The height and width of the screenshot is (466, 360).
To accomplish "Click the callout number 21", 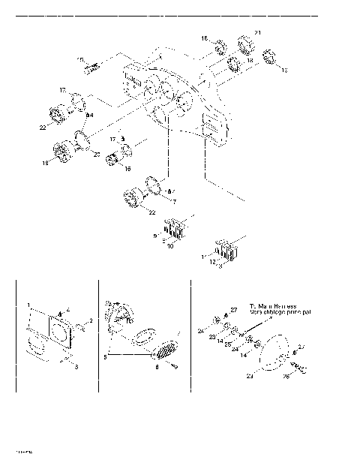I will [257, 33].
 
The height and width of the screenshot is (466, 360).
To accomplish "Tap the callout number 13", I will [284, 70].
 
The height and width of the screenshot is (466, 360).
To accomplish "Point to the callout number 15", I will [79, 59].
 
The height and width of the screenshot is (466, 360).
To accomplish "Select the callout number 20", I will [96, 154].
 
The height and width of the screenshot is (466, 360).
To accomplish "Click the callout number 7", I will [173, 202].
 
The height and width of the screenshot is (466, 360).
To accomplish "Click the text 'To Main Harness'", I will [274, 305].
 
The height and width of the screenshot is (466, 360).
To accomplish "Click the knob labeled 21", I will [246, 42].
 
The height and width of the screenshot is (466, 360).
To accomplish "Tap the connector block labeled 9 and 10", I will [177, 225].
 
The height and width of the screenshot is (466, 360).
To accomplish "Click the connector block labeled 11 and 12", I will [227, 251].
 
